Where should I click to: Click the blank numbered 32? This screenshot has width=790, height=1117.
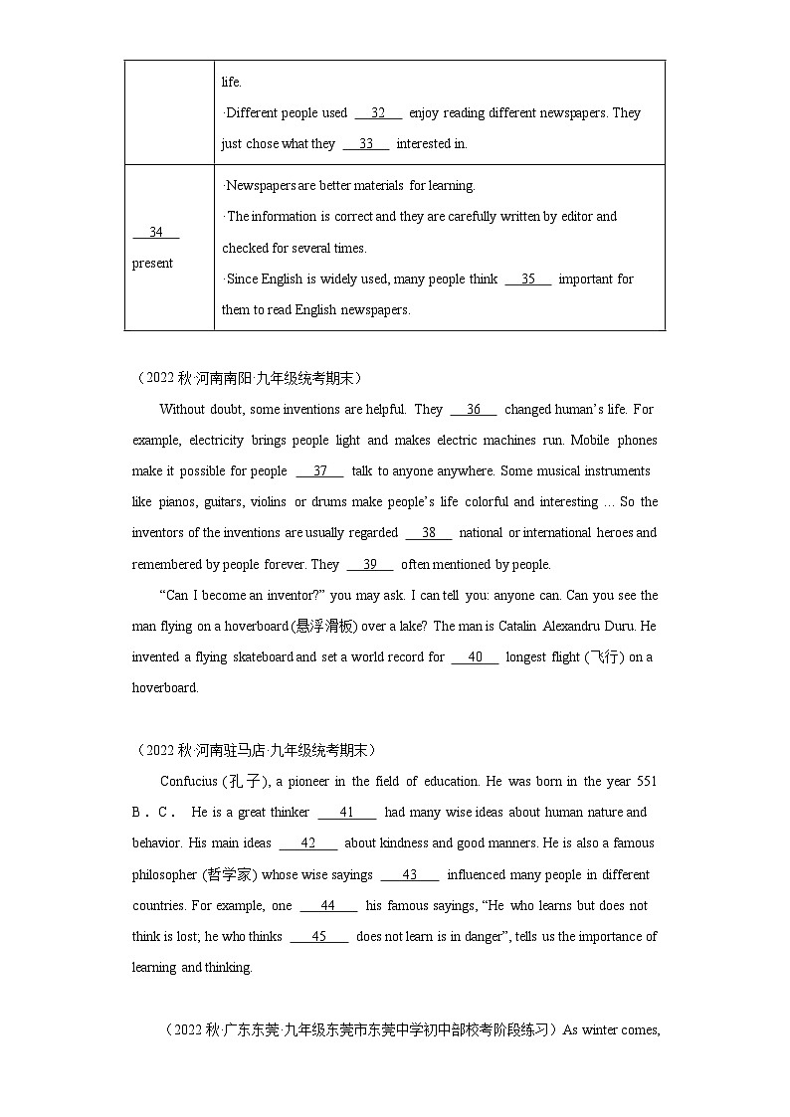pos(378,113)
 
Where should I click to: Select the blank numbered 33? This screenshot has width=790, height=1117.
pos(365,144)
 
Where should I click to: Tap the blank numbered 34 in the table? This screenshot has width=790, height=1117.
pos(155,233)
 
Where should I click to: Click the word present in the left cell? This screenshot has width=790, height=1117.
pos(152,264)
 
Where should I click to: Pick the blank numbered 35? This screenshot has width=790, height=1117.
pos(527,279)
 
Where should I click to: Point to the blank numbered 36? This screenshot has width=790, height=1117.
pos(473,410)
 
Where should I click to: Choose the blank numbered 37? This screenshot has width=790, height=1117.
pos(319,471)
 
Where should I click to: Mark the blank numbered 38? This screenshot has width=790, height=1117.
pos(429,533)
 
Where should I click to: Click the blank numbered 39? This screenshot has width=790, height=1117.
pos(369,565)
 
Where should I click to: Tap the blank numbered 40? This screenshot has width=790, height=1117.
pos(475,657)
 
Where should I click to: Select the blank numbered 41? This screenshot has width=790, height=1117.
pos(346,813)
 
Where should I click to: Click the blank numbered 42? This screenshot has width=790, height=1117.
pos(307,843)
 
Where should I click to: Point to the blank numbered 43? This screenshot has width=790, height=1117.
pos(409,875)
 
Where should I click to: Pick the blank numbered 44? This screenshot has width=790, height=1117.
pos(328,906)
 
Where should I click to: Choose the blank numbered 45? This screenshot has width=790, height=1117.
pos(318,937)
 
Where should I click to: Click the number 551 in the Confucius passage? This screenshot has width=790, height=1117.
pos(646,782)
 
